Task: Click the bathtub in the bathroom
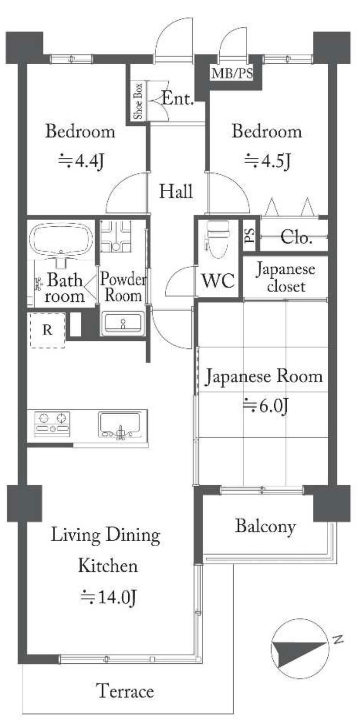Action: point(61,240)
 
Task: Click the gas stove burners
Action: point(52,423)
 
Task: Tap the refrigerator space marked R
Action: point(47,330)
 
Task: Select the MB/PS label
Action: point(232,73)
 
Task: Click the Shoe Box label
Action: point(138,101)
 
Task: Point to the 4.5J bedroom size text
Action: point(267,160)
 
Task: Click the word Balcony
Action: point(266,526)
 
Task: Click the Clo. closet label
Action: point(296,237)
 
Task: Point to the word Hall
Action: point(176,191)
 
